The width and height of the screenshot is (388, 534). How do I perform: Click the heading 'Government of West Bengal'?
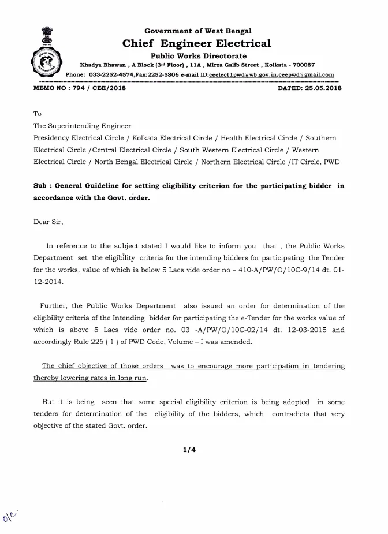click(197, 31)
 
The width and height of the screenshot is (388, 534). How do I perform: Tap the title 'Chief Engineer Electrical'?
click(197, 43)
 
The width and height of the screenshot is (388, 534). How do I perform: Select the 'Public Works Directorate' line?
click(198, 55)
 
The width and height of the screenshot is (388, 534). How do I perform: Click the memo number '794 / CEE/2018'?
click(93, 88)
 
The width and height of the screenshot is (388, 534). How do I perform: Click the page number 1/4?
click(189, 451)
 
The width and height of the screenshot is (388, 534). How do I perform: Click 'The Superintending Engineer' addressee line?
click(83, 126)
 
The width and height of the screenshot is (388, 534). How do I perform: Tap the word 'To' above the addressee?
click(38, 114)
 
